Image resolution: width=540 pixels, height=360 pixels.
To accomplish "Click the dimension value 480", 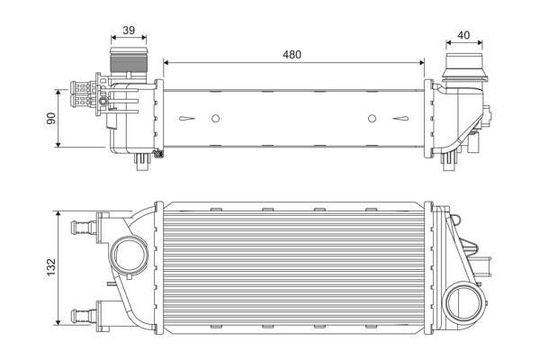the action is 292,54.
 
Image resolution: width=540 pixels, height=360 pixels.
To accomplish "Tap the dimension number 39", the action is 129,31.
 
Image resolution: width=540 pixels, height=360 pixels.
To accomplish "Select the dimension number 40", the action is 463,35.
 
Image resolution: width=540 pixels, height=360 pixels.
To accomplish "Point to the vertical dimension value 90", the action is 51,118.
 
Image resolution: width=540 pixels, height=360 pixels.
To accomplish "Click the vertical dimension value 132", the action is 51,267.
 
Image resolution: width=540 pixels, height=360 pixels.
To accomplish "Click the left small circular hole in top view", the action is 215,119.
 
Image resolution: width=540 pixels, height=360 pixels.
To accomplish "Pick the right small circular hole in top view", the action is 372,119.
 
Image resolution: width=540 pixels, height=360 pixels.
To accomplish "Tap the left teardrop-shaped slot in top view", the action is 187,119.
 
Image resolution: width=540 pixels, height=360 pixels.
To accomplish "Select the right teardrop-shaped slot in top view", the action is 400,119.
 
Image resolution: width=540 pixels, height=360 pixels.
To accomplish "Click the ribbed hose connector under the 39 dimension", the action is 129,60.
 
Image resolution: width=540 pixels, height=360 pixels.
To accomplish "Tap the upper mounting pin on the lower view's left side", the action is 84,228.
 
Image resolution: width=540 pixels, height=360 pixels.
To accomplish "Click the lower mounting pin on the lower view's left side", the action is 84,315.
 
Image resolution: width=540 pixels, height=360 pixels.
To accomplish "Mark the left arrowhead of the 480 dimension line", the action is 166,62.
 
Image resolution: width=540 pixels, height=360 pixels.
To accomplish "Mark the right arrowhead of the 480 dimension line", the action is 421,62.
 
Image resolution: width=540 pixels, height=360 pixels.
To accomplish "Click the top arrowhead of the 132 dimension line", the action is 58,214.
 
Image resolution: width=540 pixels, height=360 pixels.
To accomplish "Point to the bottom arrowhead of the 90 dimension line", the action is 58,144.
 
